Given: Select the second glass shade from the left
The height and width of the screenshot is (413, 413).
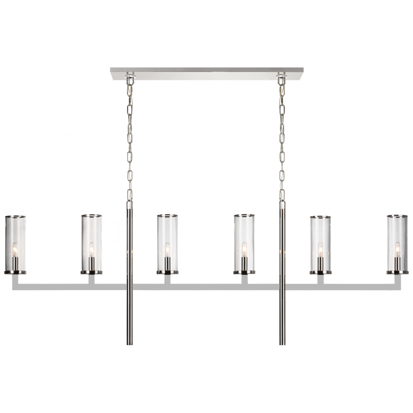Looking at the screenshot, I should [90, 244].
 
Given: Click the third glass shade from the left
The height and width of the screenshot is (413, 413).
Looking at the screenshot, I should [167, 244].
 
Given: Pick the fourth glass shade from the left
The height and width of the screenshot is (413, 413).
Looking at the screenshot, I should [244, 244].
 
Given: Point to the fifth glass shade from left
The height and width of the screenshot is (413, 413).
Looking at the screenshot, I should [320, 244].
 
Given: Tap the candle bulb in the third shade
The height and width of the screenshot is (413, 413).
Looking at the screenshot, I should [167, 249].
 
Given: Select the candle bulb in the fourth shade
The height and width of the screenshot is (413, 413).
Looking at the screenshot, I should [244, 249].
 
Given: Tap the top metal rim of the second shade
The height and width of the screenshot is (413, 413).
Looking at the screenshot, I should [90, 216].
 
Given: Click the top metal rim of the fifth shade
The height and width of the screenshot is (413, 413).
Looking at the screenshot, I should [320, 216].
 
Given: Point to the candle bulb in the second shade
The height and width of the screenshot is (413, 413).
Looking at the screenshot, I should [91, 249].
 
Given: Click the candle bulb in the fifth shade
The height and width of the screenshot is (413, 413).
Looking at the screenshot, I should [320, 249].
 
